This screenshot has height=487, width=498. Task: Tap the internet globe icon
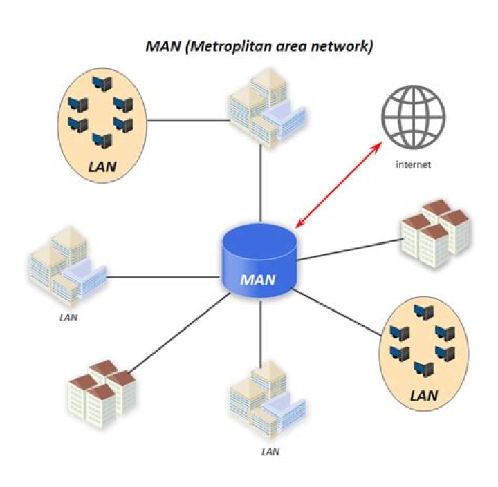[x=412, y=121]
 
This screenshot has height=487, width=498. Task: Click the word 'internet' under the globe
[x=413, y=165]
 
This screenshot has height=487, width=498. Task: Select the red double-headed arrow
[x=339, y=185]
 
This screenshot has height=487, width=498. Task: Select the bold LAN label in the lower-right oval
[x=425, y=396]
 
